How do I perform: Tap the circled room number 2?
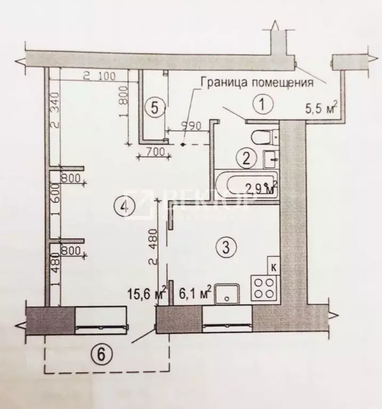pos(246,158)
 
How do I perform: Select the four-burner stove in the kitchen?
pos(262,287)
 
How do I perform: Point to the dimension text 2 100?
pos(99,76)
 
